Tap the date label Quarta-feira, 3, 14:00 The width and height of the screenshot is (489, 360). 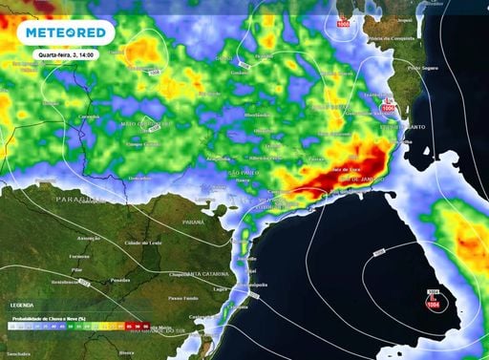[x=65, y=54]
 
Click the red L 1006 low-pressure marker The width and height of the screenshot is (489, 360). [x=387, y=106]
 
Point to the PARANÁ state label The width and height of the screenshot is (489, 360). [x=193, y=222]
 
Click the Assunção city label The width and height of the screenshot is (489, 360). [x=89, y=238]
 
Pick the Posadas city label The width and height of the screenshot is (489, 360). [x=120, y=280]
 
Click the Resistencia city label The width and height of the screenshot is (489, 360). [x=66, y=283]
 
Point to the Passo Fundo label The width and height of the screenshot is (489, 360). [x=182, y=299]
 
